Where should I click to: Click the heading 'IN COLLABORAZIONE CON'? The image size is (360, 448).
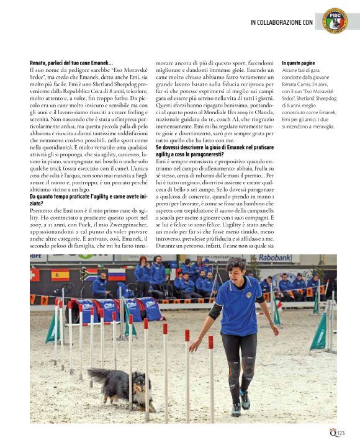click(281, 22)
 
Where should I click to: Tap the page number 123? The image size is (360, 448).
click(341, 433)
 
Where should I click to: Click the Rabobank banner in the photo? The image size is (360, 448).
click(275, 258)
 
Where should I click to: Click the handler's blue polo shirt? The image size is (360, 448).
click(234, 307)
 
